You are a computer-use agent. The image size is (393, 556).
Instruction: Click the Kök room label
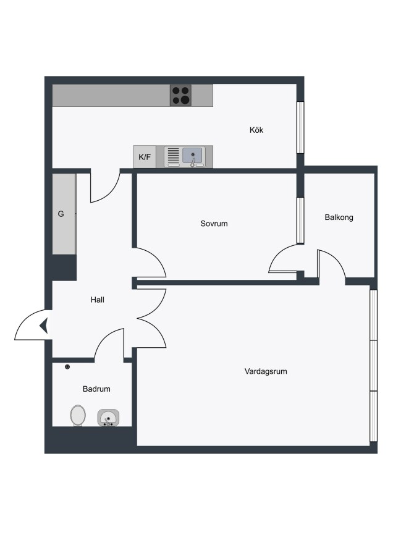pos(256,130)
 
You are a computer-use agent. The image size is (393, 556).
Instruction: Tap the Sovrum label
pos(214,224)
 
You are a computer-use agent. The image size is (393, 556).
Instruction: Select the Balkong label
pos(339,217)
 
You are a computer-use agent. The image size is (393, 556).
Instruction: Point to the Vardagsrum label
pos(266,371)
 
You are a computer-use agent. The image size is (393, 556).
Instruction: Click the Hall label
pos(97,300)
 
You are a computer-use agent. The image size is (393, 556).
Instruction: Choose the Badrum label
pos(96,389)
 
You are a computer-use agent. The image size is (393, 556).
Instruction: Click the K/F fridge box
pos(145,157)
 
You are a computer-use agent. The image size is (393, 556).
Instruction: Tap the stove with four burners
pos(180,95)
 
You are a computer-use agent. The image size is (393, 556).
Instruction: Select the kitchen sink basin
pos(193,155)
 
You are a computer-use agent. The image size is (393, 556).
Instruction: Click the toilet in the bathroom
pos(78,415)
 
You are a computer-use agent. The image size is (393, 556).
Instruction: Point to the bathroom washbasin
pos(108,418)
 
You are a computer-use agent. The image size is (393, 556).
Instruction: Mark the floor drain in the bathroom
pos(67,366)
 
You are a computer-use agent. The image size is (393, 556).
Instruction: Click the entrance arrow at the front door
pos(44,326)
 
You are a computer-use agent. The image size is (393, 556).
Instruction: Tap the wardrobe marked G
pos(64,214)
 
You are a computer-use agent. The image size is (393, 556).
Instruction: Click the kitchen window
pos(300,128)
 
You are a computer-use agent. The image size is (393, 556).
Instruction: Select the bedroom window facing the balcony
pos(300,220)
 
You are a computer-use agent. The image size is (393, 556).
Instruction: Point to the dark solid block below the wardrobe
pos(64,267)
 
